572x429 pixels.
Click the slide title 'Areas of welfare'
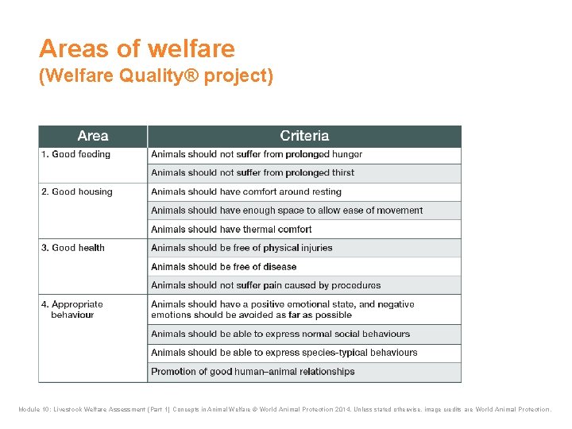tap(137, 49)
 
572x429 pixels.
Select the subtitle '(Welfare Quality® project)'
tap(156, 77)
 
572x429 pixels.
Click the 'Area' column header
tap(93, 136)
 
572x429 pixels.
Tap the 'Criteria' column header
tap(303, 136)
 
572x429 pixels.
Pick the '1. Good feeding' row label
tap(75, 154)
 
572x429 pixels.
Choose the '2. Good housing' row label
tap(77, 191)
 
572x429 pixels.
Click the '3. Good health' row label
tap(73, 248)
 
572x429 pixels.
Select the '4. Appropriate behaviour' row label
tap(72, 309)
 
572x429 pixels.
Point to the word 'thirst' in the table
tap(338, 172)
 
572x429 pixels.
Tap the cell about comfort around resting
tap(246, 191)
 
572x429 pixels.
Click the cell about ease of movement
tap(287, 211)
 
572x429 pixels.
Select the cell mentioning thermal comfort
tap(231, 229)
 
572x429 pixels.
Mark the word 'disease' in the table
tap(279, 267)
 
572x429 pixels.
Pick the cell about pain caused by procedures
tap(266, 285)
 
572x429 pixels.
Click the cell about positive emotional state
tap(283, 309)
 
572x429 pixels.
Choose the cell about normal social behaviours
tap(280, 334)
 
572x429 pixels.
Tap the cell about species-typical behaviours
tap(284, 353)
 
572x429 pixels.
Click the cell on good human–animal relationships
tap(253, 371)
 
